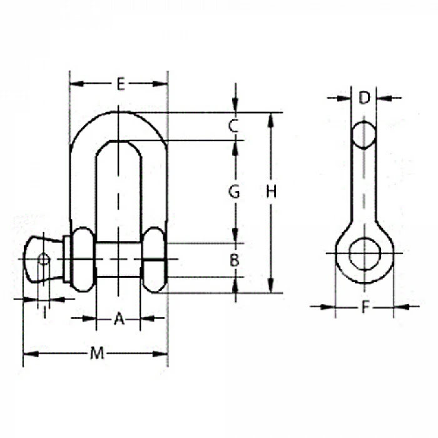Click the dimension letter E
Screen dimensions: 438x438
(x=121, y=84)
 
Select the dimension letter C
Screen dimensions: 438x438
(x=233, y=126)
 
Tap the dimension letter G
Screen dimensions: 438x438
(x=234, y=192)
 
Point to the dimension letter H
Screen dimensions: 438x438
(x=271, y=192)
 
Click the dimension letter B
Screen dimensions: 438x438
(x=235, y=260)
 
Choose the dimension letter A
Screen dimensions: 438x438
(x=119, y=318)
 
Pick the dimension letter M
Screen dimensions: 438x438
(x=97, y=354)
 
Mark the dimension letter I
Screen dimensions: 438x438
(x=44, y=313)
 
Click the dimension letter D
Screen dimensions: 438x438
(x=364, y=98)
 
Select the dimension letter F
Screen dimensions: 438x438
(x=365, y=307)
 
